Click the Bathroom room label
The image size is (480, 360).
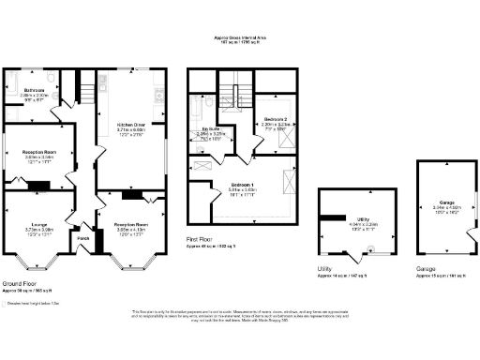pyautogui.click(x=37, y=90)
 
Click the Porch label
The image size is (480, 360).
pyautogui.click(x=83, y=237)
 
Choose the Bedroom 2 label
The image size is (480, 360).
pyautogui.click(x=274, y=121)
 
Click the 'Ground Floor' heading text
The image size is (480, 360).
pyautogui.click(x=18, y=283)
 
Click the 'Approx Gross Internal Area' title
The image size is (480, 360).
pyautogui.click(x=239, y=38)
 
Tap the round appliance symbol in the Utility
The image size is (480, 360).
pyautogui.click(x=367, y=249)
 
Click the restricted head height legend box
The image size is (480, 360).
pyautogui.click(x=6, y=303)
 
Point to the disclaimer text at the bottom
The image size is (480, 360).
pyautogui.click(x=239, y=316)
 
